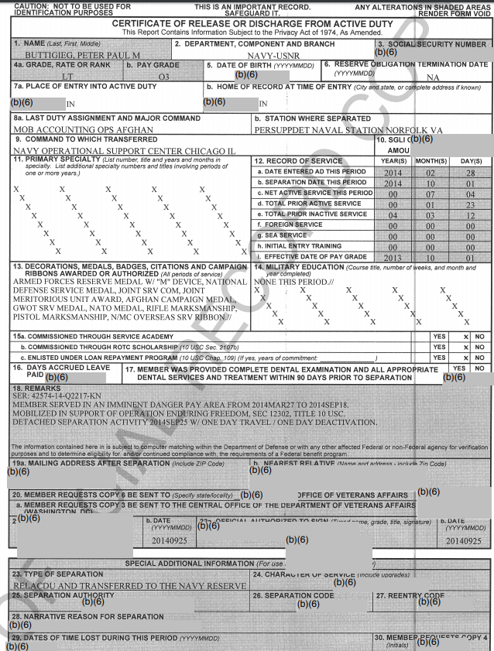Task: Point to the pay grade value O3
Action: (163, 77)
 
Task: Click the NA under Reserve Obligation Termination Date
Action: (433, 77)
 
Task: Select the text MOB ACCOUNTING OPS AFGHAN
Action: (74, 130)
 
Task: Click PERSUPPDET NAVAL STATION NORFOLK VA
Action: (348, 130)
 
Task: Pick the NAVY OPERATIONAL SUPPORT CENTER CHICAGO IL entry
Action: (124, 150)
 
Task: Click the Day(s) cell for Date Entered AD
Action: (469, 172)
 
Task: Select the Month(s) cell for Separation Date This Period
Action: (431, 183)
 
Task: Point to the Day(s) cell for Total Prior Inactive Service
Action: (469, 214)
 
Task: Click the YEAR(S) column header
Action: (393, 160)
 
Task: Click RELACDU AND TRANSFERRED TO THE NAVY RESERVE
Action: (129, 586)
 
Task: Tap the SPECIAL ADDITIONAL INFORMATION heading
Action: (188, 563)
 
